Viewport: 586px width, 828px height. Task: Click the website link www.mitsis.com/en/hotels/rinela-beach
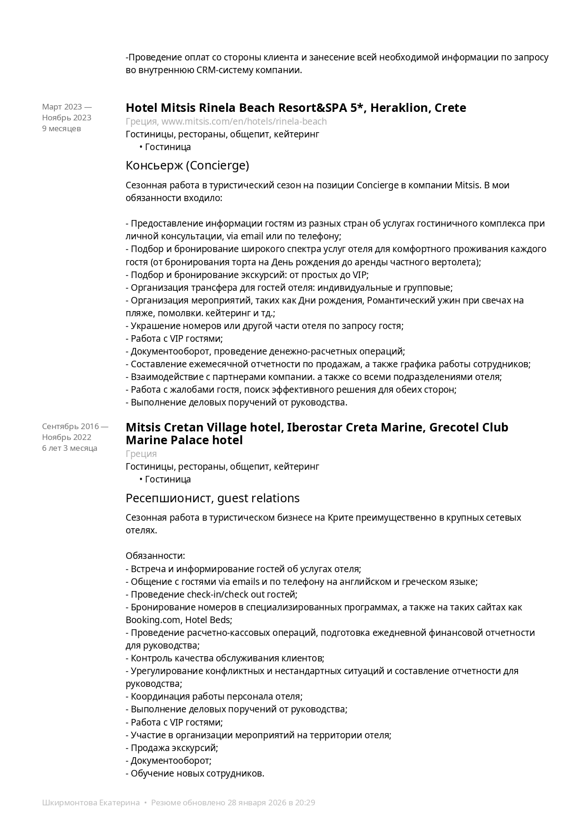[x=244, y=122]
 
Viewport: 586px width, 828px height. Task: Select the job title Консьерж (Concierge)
[x=187, y=166]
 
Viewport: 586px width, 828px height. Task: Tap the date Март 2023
[x=62, y=107]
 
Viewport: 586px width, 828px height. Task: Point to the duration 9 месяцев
[x=61, y=128]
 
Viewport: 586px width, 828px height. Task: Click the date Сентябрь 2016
[x=70, y=427]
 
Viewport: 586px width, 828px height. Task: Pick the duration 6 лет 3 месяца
[x=69, y=448]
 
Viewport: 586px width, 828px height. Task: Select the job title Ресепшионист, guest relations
[x=212, y=498]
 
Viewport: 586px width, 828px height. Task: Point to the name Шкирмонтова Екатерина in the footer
[x=91, y=803]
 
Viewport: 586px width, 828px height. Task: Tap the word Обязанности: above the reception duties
[x=155, y=556]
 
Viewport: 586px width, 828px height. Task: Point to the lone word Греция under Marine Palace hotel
[x=141, y=454]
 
